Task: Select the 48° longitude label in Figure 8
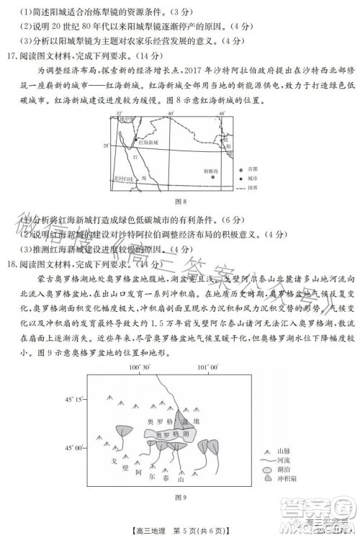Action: (222, 114)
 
